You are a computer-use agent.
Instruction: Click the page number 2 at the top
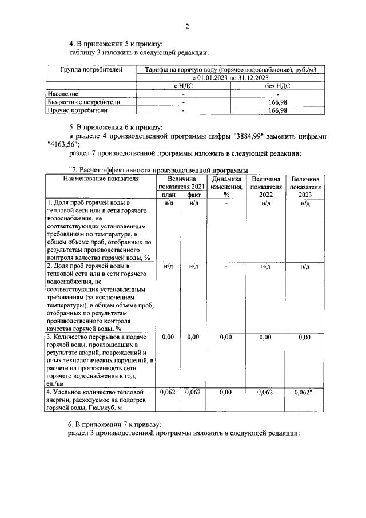tap(186, 27)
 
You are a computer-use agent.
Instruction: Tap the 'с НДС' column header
tap(183, 85)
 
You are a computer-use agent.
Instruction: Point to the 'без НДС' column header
tap(277, 85)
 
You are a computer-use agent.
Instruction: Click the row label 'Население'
tap(63, 93)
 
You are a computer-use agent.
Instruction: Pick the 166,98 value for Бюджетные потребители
tap(277, 102)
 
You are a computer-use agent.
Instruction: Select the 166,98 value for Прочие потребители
tap(277, 110)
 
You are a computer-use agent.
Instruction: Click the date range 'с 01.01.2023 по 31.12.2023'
tap(230, 77)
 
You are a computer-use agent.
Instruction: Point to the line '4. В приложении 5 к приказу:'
tap(116, 44)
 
